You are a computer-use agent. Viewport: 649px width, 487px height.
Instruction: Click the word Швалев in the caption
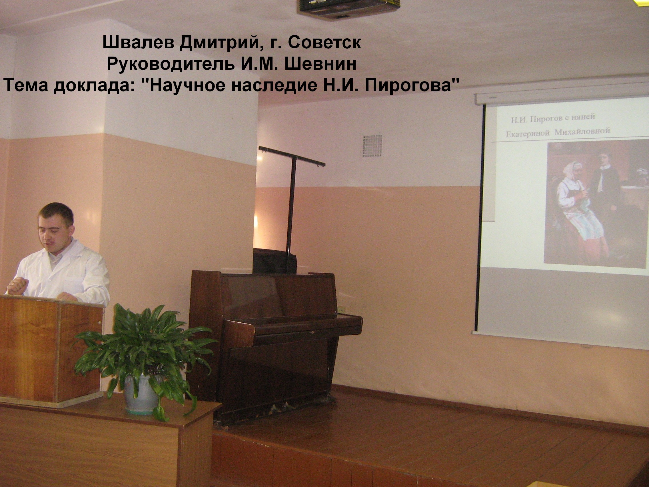point(138,43)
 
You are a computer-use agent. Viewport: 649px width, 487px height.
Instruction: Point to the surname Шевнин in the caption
point(321,64)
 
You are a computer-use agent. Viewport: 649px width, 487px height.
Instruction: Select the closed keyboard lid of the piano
point(293,325)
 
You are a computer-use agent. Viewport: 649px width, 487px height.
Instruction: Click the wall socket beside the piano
point(341,310)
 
